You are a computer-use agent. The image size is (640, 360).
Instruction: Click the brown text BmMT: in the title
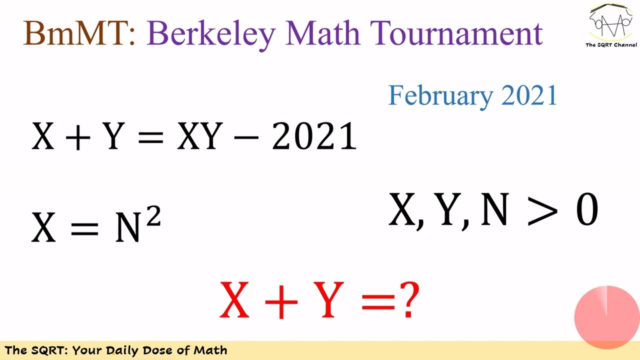[79, 33]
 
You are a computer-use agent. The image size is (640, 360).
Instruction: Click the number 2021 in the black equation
[314, 136]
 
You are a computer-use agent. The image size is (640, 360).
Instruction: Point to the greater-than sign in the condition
[541, 210]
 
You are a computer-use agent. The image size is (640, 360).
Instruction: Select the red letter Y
[328, 300]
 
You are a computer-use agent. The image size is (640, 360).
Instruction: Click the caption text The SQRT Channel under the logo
[611, 45]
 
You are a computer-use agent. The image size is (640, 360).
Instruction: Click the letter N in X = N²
[128, 227]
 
